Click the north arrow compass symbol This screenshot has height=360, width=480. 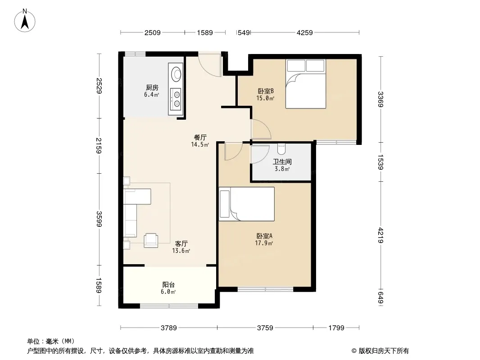click(25, 21)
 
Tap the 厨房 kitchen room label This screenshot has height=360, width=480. click(152, 88)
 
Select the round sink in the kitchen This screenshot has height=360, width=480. click(176, 74)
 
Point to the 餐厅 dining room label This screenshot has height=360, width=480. click(200, 137)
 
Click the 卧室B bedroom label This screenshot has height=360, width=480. click(265, 91)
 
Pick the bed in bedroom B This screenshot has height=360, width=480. click(305, 84)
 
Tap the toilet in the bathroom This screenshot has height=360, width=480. click(281, 148)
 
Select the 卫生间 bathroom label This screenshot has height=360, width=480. click(282, 162)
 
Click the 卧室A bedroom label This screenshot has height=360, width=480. click(264, 236)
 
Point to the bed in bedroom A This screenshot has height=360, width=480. click(247, 204)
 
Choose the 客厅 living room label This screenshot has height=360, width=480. click(181, 243)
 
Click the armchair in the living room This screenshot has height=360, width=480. click(151, 240)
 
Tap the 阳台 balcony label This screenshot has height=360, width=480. click(168, 285)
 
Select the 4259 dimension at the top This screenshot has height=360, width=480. click(304, 32)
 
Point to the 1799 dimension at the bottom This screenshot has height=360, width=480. click(336, 328)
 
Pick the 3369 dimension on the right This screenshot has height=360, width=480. click(380, 99)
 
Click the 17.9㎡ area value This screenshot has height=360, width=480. click(264, 243)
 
